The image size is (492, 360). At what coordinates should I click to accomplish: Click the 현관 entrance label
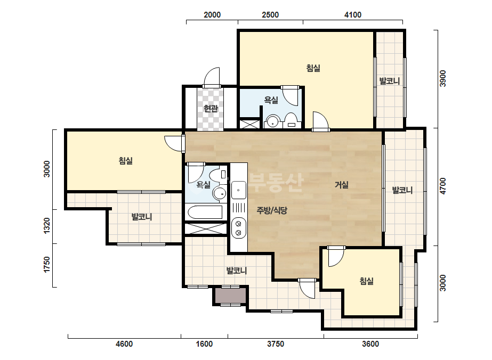click(x=211, y=109)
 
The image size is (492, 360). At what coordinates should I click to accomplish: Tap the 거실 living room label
click(x=341, y=185)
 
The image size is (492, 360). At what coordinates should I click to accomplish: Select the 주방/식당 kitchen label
click(x=272, y=210)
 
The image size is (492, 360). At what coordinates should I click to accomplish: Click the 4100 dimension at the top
click(x=353, y=15)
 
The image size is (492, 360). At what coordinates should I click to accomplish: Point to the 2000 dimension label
click(x=212, y=15)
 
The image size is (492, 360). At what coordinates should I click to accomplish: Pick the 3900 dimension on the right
click(x=442, y=78)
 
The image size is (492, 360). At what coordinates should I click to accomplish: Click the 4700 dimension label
click(x=442, y=186)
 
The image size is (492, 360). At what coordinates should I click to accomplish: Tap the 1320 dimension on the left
click(x=46, y=226)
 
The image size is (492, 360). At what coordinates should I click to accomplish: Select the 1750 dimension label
click(x=46, y=265)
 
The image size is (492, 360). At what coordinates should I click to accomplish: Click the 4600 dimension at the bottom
click(x=124, y=344)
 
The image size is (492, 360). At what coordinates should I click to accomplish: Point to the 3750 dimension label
click(x=276, y=344)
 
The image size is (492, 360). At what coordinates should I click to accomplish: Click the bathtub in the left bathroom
click(x=205, y=212)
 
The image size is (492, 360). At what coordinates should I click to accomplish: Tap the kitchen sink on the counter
click(x=238, y=190)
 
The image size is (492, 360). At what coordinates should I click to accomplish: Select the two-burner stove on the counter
click(x=238, y=228)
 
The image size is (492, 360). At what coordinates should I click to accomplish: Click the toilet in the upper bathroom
click(x=291, y=121)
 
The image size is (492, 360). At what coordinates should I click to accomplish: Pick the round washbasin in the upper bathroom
click(x=273, y=121)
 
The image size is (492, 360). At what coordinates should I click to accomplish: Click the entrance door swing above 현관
click(x=212, y=77)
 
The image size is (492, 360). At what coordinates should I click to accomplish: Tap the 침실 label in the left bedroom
click(x=125, y=160)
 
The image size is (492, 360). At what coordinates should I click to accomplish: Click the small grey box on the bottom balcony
click(x=230, y=296)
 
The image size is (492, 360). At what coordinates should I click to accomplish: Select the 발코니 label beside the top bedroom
click(x=390, y=81)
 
